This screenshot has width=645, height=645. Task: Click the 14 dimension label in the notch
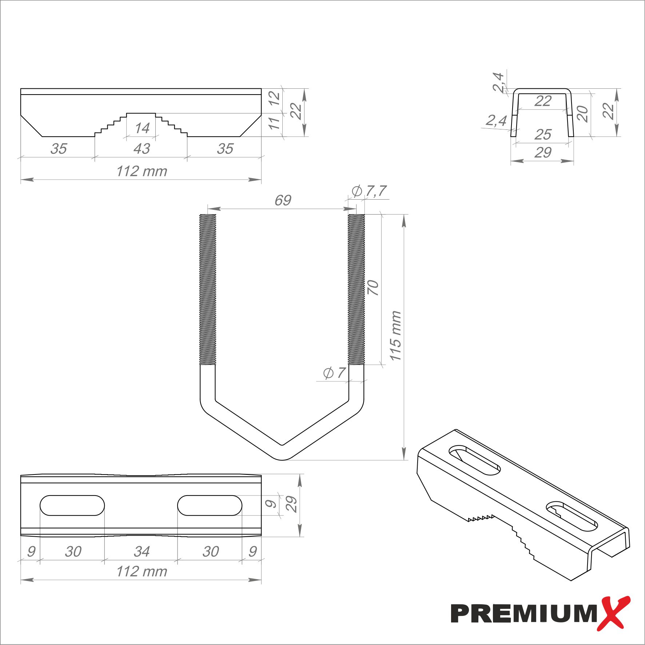[x=142, y=128]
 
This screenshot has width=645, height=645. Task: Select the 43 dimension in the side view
[x=142, y=148]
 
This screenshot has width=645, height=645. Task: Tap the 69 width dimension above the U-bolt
[x=283, y=200]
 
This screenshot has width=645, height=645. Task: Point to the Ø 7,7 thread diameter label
[x=369, y=191]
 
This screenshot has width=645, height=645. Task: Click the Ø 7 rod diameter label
[x=334, y=373]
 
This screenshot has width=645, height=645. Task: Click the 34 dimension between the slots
[x=142, y=552]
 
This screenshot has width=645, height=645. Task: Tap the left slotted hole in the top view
[x=72, y=505]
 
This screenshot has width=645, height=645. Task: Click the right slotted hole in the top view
[x=210, y=505]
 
